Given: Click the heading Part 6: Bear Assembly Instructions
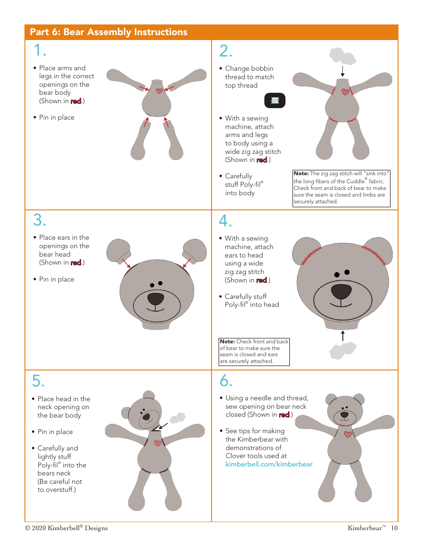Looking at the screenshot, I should pos(108,32).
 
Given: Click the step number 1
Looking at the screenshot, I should pos(40,51).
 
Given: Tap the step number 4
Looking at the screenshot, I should pos(225,220).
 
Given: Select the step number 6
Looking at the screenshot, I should pos(226,381).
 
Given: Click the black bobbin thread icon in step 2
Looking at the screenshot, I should pos(275,101).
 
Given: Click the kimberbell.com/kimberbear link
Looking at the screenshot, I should pos(269,464).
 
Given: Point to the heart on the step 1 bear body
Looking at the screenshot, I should pos(159,91).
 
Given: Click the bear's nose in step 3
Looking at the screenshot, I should pos(155,298).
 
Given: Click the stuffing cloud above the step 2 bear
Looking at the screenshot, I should pos(342,56).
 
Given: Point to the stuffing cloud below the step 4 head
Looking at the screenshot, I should pos(342,350).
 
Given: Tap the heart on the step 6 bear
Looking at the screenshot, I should pos(348,434).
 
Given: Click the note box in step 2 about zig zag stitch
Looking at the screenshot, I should pos(342,189).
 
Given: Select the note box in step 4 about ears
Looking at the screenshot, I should pos(254,352).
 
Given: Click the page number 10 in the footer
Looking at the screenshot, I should pos(394,528).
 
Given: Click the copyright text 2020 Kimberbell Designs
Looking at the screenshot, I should pos(66,528).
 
